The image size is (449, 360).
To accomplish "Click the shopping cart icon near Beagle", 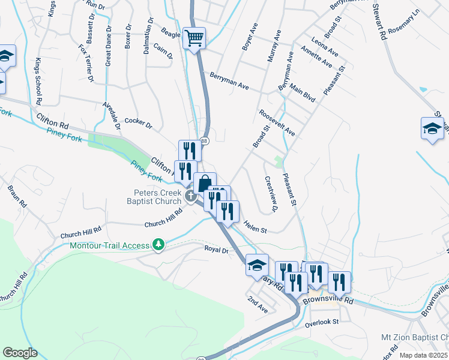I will coord(194,38).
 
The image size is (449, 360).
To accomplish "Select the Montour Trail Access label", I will coord(109,245).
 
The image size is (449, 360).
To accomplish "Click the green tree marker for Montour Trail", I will coord(158,244).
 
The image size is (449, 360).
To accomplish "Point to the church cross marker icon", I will coord(191,196).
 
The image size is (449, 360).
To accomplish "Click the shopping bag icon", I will coord(205,183).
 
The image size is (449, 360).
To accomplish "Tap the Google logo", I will coord(20,353).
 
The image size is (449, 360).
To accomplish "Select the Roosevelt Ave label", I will coord(277,122).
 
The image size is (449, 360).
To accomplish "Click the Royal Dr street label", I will coord(217,249).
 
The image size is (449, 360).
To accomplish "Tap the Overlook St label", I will coord(322,322).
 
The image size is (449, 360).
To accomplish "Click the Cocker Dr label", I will coord(139,123).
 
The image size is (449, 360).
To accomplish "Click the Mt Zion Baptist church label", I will coord(415,338).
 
